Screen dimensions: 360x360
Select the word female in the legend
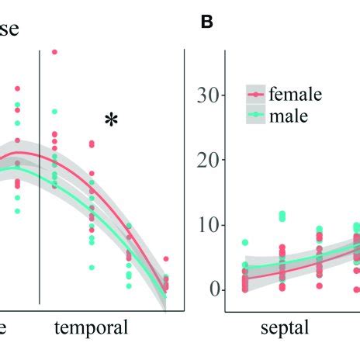pyautogui.click(x=295, y=95)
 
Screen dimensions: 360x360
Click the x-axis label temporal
pyautogui.click(x=92, y=327)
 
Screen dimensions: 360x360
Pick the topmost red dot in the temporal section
pyautogui.click(x=54, y=52)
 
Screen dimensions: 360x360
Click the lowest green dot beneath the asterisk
pyautogui.click(x=92, y=268)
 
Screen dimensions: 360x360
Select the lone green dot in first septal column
pyautogui.click(x=245, y=243)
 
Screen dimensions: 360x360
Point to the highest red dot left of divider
pyautogui.click(x=17, y=88)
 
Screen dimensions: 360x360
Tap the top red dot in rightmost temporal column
pyautogui.click(x=166, y=259)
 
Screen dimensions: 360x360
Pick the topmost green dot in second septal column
pyautogui.click(x=282, y=213)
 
